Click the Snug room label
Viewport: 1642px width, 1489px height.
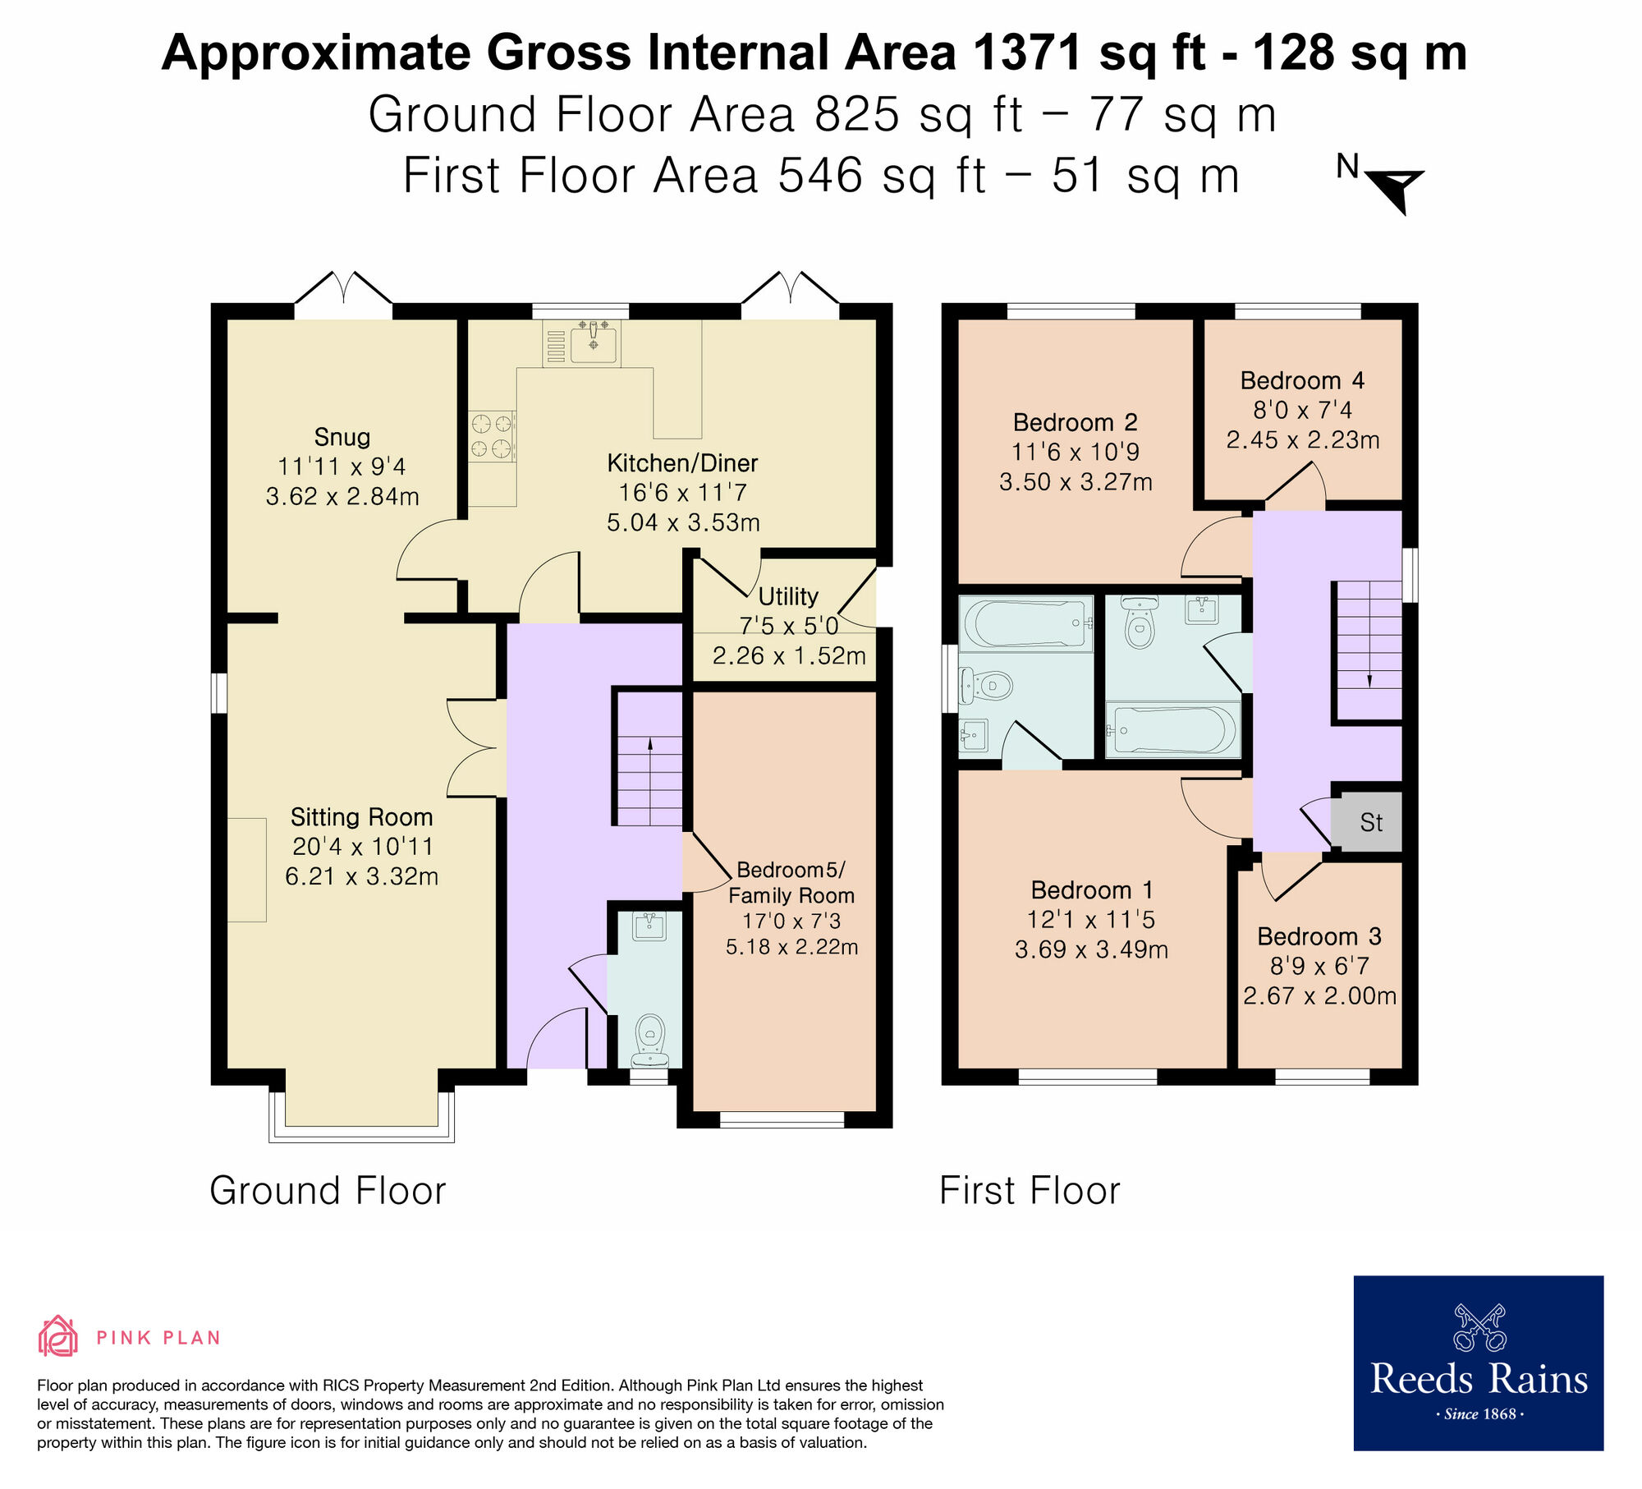pyautogui.click(x=342, y=437)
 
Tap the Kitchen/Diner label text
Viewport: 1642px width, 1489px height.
pyautogui.click(x=682, y=463)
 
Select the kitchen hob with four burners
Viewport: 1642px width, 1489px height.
pyautogui.click(x=492, y=436)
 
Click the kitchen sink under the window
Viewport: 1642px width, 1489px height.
pyautogui.click(x=593, y=342)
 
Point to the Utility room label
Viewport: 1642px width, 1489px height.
pyautogui.click(x=788, y=596)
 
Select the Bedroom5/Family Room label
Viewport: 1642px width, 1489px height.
pyautogui.click(x=791, y=882)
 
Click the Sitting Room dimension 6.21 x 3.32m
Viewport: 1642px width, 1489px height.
pyautogui.click(x=361, y=876)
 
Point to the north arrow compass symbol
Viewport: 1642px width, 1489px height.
pyautogui.click(x=1394, y=186)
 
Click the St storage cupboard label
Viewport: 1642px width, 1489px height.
pyautogui.click(x=1371, y=822)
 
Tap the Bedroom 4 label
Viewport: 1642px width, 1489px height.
pyautogui.click(x=1302, y=381)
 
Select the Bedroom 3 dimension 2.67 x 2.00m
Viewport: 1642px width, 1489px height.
pyautogui.click(x=1319, y=996)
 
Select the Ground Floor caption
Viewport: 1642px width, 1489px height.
pyautogui.click(x=328, y=1191)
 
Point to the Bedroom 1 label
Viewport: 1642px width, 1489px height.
pyautogui.click(x=1092, y=890)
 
